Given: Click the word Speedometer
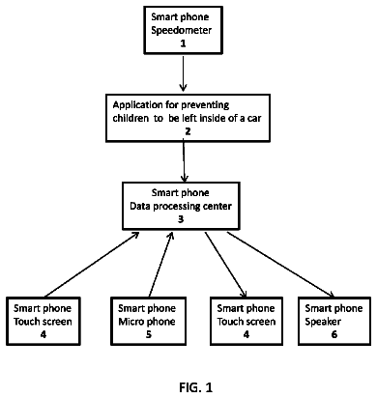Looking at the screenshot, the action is pos(182,30).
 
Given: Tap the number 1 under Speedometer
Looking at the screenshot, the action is pos(183,43).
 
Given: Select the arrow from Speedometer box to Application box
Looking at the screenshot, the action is pos(183,73).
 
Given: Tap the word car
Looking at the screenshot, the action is pos(254,119).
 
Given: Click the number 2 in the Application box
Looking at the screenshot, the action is pos(188,131).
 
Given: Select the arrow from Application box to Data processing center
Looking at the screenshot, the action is pos(184,160).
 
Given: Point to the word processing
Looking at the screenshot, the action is pos(174,207).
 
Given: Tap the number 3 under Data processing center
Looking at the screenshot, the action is pos(181,219).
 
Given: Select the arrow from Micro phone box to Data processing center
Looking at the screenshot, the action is pos(160,264).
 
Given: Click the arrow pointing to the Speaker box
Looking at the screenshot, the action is pos(281,264).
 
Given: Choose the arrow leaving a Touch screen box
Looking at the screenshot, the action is pos(92,264).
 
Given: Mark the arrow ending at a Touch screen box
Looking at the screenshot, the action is pos(226,264).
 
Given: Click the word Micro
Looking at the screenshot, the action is pos(130,322).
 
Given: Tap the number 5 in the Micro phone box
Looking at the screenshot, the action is pos(149,334).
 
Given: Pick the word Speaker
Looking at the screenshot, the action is pos(323,322).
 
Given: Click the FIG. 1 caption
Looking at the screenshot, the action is pos(196,387).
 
